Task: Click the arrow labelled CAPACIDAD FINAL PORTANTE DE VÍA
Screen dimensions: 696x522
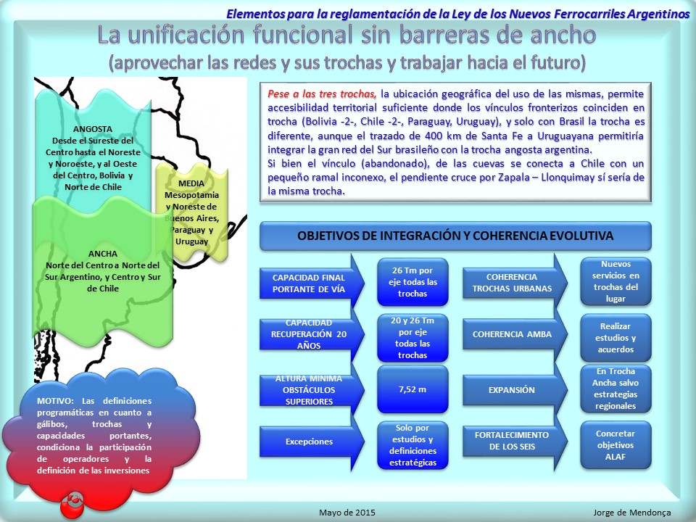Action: pyautogui.click(x=312, y=283)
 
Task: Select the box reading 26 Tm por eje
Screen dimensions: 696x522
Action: pyautogui.click(x=413, y=282)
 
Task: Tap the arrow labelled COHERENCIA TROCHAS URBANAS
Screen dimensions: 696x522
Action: pyautogui.click(x=515, y=282)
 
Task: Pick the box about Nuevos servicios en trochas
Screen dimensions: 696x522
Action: pyautogui.click(x=616, y=281)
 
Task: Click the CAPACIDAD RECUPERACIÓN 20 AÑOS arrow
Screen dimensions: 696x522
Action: pyautogui.click(x=312, y=334)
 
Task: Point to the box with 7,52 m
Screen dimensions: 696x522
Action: pyautogui.click(x=413, y=389)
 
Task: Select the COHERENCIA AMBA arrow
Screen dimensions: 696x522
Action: pyautogui.click(x=515, y=334)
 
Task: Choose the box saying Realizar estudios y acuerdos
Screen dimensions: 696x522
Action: pyautogui.click(x=616, y=338)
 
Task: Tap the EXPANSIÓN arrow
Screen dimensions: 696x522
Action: pyautogui.click(x=515, y=390)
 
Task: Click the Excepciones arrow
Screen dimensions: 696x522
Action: pyautogui.click(x=312, y=442)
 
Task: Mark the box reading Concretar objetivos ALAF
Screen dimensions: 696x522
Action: pyautogui.click(x=616, y=444)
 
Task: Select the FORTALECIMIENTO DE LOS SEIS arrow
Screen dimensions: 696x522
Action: pyautogui.click(x=515, y=442)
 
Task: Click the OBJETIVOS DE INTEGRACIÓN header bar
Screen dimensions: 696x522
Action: pyautogui.click(x=455, y=236)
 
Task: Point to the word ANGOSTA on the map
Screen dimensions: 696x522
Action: pyautogui.click(x=93, y=129)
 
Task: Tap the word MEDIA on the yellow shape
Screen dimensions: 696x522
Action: pyautogui.click(x=191, y=183)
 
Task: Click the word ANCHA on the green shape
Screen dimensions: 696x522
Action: pyautogui.click(x=103, y=254)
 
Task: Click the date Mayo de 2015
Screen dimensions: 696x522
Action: pyautogui.click(x=347, y=513)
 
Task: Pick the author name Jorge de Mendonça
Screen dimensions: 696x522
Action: pyautogui.click(x=632, y=513)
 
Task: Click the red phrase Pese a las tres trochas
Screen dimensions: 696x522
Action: pyautogui.click(x=322, y=94)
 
